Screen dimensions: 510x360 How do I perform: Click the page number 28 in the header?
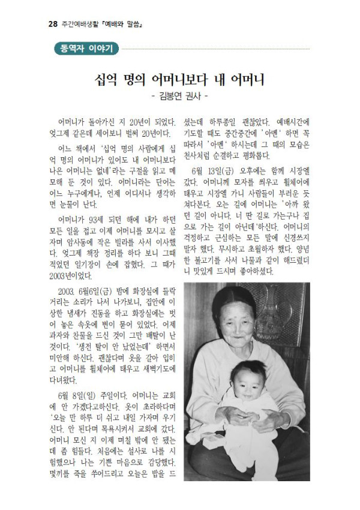tap(52, 25)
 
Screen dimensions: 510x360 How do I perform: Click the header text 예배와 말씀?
tap(125, 25)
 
